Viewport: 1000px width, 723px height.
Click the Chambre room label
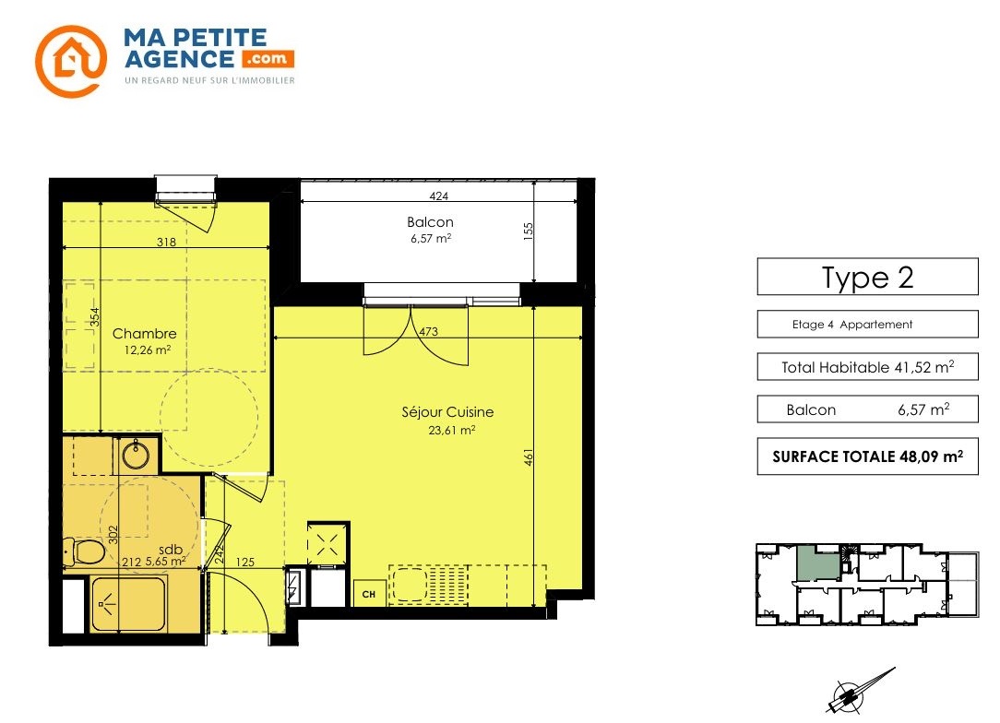coord(145,334)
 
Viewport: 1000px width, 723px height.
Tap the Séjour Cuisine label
coord(447,412)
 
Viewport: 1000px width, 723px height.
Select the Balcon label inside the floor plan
coord(431,222)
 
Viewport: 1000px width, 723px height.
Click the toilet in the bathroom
coord(84,551)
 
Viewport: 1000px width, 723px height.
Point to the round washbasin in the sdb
coord(136,456)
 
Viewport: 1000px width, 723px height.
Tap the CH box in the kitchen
coord(369,594)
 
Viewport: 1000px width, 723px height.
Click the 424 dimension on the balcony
coord(439,196)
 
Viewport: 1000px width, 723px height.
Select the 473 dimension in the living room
coord(429,332)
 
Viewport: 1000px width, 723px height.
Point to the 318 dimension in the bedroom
coord(166,242)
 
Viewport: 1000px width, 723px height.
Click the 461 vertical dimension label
coord(528,456)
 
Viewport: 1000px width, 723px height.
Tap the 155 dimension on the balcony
coord(528,231)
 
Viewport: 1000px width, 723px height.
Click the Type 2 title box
coord(867,277)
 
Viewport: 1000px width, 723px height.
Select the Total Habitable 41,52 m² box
coord(867,367)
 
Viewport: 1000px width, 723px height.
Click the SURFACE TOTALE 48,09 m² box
coord(867,456)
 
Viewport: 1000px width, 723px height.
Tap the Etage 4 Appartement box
coord(867,324)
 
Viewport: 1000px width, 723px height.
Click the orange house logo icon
coord(71,61)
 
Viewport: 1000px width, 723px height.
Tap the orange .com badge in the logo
coord(268,59)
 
